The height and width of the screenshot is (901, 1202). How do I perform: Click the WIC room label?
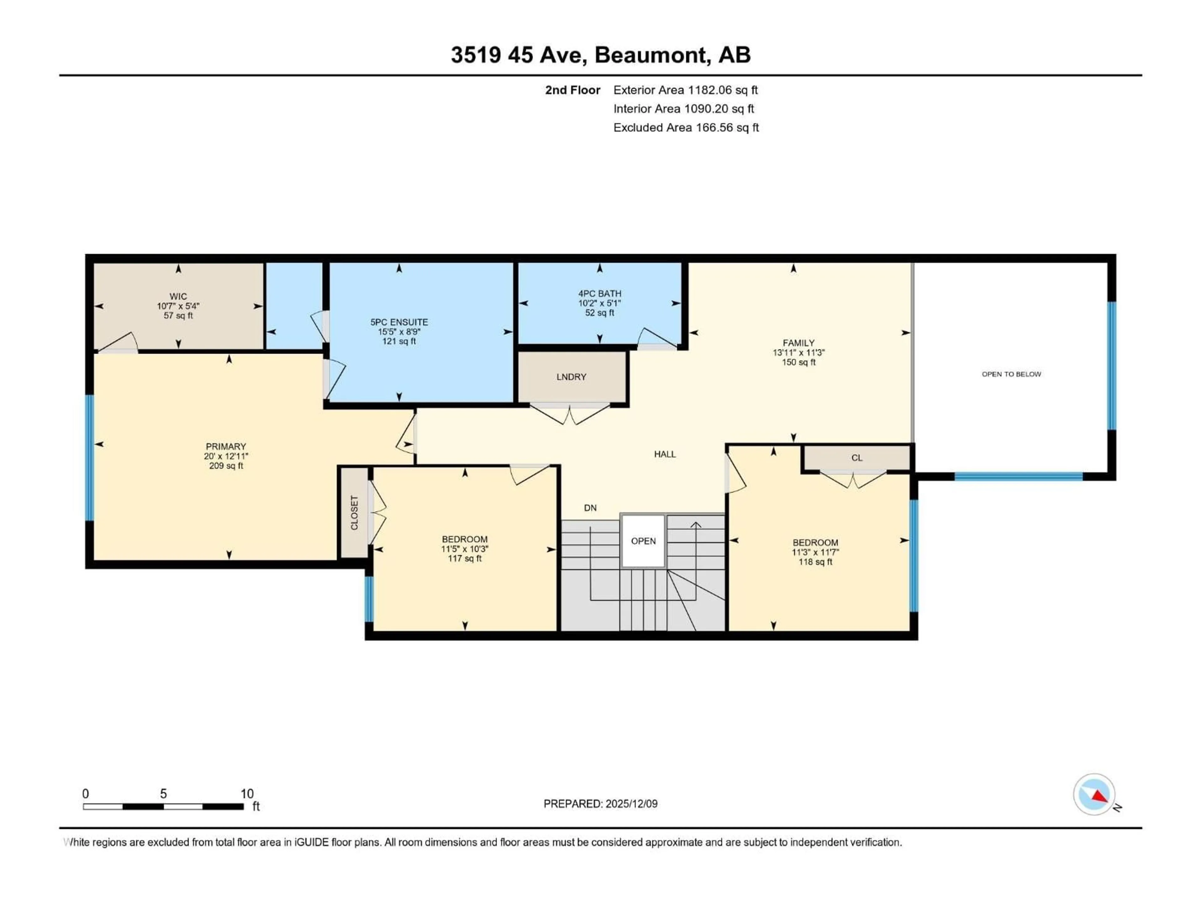178,297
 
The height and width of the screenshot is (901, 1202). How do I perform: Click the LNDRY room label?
571,377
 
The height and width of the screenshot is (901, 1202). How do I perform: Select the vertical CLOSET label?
354,513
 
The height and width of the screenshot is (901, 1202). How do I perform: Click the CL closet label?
856,458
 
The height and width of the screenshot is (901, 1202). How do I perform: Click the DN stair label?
590,508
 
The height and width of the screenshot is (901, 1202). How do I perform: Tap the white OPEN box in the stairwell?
643,541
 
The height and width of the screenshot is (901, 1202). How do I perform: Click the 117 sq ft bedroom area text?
464,558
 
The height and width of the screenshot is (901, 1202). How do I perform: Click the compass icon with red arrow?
1094,794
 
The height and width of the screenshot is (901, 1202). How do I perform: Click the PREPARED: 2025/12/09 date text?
600,804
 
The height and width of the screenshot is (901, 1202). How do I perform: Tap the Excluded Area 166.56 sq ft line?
686,128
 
